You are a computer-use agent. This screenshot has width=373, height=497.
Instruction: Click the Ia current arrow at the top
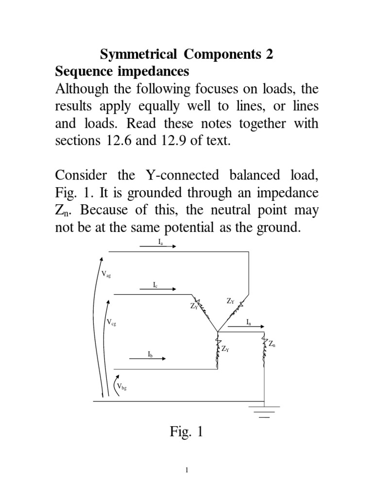pyautogui.click(x=159, y=246)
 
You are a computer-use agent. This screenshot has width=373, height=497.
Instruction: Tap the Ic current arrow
pyautogui.click(x=158, y=289)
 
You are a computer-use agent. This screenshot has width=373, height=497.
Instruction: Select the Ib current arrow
pyautogui.click(x=148, y=359)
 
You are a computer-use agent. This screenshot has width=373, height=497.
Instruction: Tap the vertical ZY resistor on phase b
pyautogui.click(x=217, y=352)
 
